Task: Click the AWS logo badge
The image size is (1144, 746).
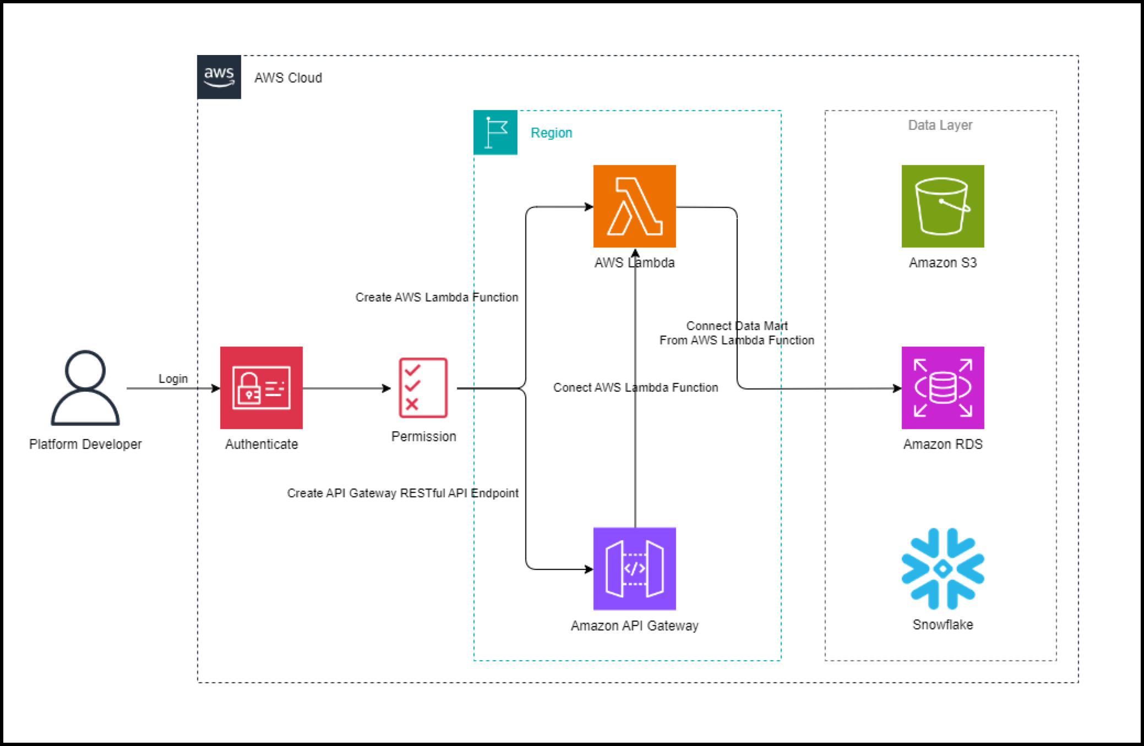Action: tap(219, 77)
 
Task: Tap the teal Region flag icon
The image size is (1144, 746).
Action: tap(495, 133)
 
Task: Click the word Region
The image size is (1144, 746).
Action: tap(551, 133)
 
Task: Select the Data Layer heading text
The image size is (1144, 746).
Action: tap(940, 125)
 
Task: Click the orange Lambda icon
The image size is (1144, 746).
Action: tap(634, 206)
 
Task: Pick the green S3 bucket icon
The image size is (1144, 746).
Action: tap(943, 206)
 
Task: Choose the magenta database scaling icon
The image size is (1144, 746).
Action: tap(943, 388)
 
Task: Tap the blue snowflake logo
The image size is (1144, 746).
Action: tap(943, 569)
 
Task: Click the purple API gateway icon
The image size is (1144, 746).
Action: tap(634, 569)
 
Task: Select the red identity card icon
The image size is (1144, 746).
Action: tap(261, 388)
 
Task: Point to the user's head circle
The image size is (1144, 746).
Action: tap(85, 369)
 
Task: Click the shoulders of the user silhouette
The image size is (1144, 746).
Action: tap(85, 410)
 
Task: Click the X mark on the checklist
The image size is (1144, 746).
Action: tap(412, 404)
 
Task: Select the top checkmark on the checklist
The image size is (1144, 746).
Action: tap(412, 369)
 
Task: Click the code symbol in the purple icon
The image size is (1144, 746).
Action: tap(634, 568)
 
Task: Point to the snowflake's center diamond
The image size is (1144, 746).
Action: tap(943, 569)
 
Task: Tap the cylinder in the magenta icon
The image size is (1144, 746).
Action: tap(943, 387)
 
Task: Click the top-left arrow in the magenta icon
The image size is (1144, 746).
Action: tap(920, 365)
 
